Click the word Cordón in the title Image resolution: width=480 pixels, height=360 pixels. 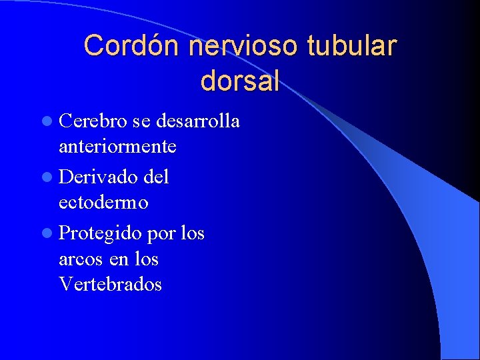click(x=133, y=46)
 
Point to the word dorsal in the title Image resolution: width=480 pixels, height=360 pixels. click(x=239, y=81)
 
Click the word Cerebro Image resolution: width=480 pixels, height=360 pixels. click(x=93, y=122)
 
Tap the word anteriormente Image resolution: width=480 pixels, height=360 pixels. click(x=117, y=145)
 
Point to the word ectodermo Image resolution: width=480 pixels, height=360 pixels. click(x=103, y=202)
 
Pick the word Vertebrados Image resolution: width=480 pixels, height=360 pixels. click(x=110, y=284)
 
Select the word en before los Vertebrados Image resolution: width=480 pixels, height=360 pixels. click(x=118, y=259)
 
